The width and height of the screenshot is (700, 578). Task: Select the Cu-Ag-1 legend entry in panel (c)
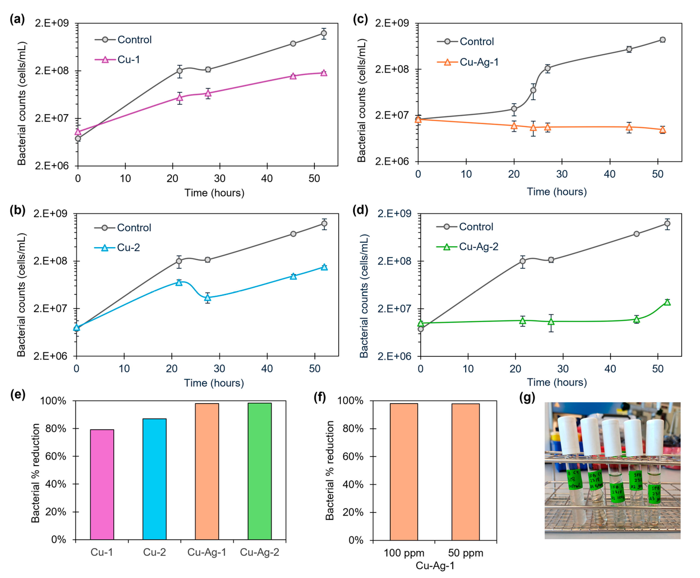[479, 62]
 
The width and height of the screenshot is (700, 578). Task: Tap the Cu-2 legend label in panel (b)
[128, 247]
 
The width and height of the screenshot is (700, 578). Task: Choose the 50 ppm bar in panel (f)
[465, 472]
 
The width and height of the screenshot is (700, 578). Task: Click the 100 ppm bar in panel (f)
[404, 472]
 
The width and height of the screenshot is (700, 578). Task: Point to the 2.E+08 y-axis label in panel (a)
[52, 71]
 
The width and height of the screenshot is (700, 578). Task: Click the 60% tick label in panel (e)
[55, 456]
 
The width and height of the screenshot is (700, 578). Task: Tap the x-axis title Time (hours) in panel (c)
[556, 192]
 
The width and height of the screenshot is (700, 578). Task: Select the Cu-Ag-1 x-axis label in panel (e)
[207, 552]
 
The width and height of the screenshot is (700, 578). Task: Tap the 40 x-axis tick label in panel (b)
[267, 369]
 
